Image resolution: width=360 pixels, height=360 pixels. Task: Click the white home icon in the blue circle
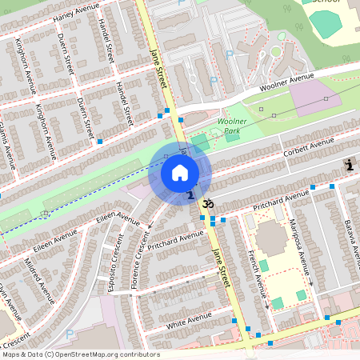[x=180, y=173]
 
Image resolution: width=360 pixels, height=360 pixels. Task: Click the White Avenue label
[x=186, y=322]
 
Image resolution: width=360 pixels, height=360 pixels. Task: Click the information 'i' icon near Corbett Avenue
[x=349, y=165]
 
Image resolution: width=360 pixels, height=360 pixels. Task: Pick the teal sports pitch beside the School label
[x=326, y=23]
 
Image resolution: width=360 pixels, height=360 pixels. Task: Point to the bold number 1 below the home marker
[x=190, y=194]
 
